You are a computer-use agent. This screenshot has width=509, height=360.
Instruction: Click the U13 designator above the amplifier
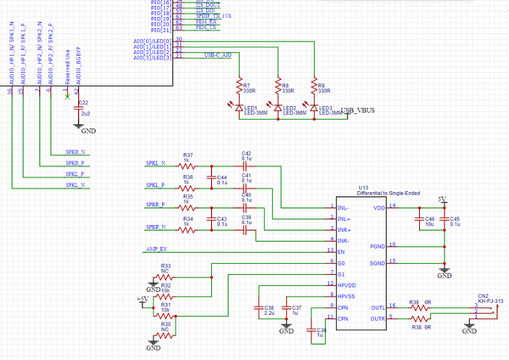point(363,186)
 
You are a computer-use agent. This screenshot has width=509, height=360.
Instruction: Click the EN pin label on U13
point(341,251)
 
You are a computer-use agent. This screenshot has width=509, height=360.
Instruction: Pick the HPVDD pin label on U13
point(346,284)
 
